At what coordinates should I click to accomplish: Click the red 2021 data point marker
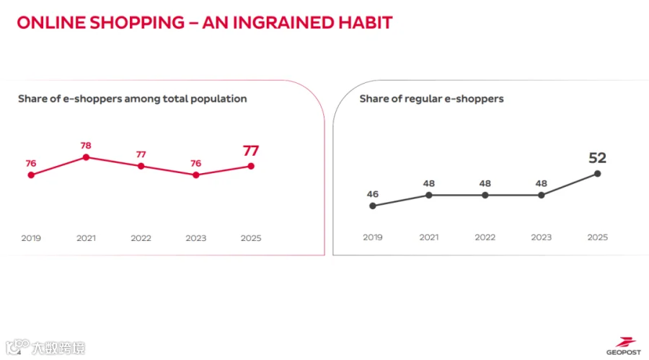coord(86,157)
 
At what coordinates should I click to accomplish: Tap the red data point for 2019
coord(31,175)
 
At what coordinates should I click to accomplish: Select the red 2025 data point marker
coord(251,166)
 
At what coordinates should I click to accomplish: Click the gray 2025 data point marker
coord(597,174)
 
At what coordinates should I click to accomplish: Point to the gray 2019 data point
coord(373,206)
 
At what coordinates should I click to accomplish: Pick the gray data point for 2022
coord(485,195)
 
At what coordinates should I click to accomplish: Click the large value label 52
coord(597,158)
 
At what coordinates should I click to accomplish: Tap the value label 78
coord(86,146)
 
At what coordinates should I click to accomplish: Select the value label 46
coord(373,194)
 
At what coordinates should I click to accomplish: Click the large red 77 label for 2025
coord(251,151)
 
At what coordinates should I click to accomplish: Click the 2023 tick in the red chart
coord(195,238)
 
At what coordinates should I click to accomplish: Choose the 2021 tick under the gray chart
coord(429,237)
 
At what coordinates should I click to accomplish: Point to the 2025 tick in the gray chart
coord(597,237)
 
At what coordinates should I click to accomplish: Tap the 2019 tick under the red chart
coord(31,238)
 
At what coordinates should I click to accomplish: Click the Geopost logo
coord(624,346)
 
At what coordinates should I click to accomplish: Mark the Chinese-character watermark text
coord(58,348)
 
